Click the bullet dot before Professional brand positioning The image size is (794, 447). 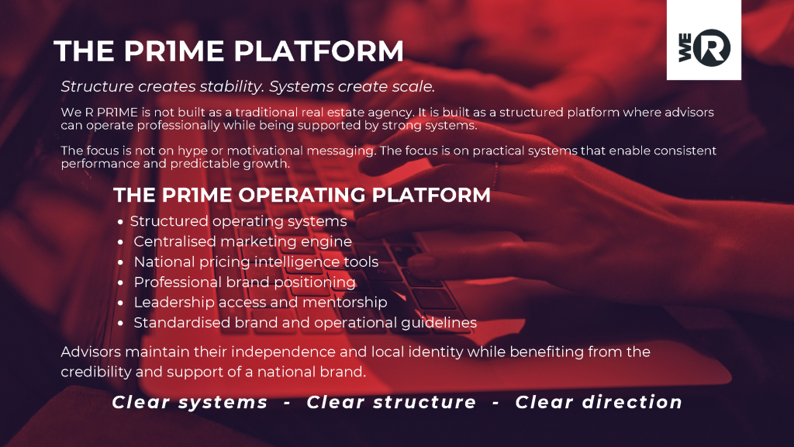[120, 282]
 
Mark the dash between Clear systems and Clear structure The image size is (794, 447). [287, 403]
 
